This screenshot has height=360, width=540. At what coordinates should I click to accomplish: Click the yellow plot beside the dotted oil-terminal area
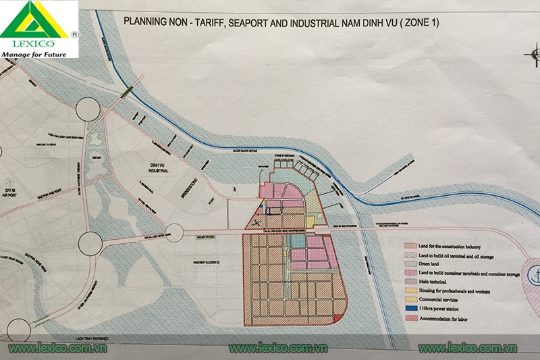pyautogui.click(x=310, y=221)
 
